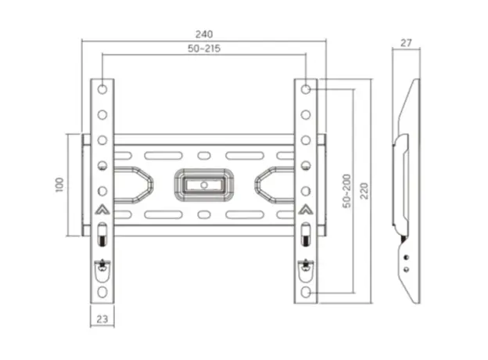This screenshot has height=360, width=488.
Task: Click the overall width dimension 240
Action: pos(204,34)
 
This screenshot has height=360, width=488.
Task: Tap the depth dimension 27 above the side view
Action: pos(405,44)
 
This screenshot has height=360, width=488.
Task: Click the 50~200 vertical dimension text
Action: pos(346,191)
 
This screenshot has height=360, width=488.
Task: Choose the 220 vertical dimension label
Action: pos(364,191)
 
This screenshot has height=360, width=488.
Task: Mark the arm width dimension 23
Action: pos(102,319)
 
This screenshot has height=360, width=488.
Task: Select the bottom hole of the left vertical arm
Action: pos(102,291)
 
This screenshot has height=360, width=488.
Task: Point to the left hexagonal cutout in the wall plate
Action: pos(134,184)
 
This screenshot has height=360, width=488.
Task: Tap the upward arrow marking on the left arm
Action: pos(102,210)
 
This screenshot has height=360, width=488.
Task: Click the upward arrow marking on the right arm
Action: pos(306,210)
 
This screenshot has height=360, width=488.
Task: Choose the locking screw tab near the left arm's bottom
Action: pos(102,268)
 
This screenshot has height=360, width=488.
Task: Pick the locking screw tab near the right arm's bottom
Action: pos(306,268)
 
